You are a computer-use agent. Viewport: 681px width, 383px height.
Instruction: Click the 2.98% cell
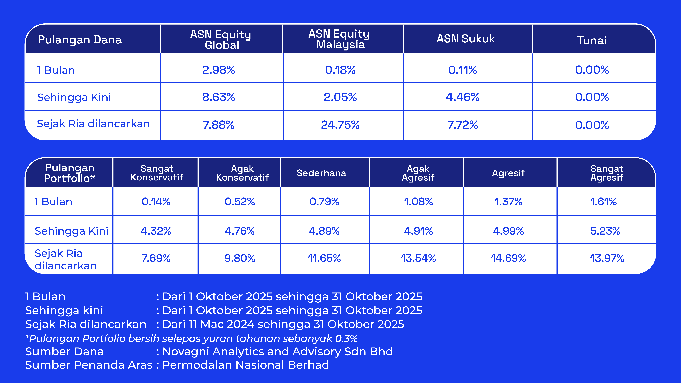pyautogui.click(x=219, y=70)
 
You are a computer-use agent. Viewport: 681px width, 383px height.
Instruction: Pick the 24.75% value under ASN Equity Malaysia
pyautogui.click(x=340, y=125)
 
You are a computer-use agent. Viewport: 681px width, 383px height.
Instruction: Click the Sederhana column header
pyautogui.click(x=321, y=173)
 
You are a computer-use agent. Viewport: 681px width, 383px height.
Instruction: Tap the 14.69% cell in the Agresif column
pyautogui.click(x=508, y=258)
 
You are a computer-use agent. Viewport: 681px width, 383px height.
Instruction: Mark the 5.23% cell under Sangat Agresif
pyautogui.click(x=605, y=231)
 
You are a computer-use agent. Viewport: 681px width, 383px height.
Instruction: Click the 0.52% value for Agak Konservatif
pyautogui.click(x=240, y=202)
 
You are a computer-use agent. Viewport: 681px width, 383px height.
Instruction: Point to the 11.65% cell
pyautogui.click(x=324, y=258)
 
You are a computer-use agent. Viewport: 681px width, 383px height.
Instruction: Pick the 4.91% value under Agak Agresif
pyautogui.click(x=418, y=231)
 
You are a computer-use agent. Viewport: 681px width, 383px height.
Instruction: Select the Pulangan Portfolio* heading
pyautogui.click(x=70, y=173)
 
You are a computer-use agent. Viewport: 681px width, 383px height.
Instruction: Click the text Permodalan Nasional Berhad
pyautogui.click(x=246, y=365)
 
